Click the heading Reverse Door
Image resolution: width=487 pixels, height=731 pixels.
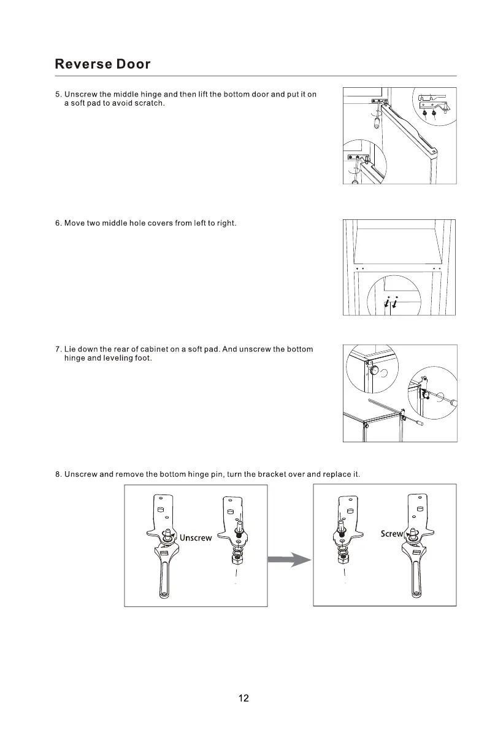click(x=102, y=64)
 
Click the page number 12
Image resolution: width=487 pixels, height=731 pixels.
click(x=243, y=698)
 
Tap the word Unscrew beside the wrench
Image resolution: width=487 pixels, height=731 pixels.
click(x=196, y=537)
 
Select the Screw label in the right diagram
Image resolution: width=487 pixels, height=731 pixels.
click(x=391, y=534)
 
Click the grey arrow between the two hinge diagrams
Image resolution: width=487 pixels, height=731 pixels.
click(x=289, y=560)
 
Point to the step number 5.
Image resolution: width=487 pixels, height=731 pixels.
click(x=58, y=94)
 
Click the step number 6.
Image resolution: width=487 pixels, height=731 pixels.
click(x=58, y=223)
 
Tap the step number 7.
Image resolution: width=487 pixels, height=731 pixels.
click(x=58, y=349)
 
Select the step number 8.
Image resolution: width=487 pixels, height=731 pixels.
click(x=58, y=474)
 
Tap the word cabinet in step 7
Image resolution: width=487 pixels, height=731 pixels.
click(x=155, y=349)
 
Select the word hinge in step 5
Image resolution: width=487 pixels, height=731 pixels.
click(x=151, y=94)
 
